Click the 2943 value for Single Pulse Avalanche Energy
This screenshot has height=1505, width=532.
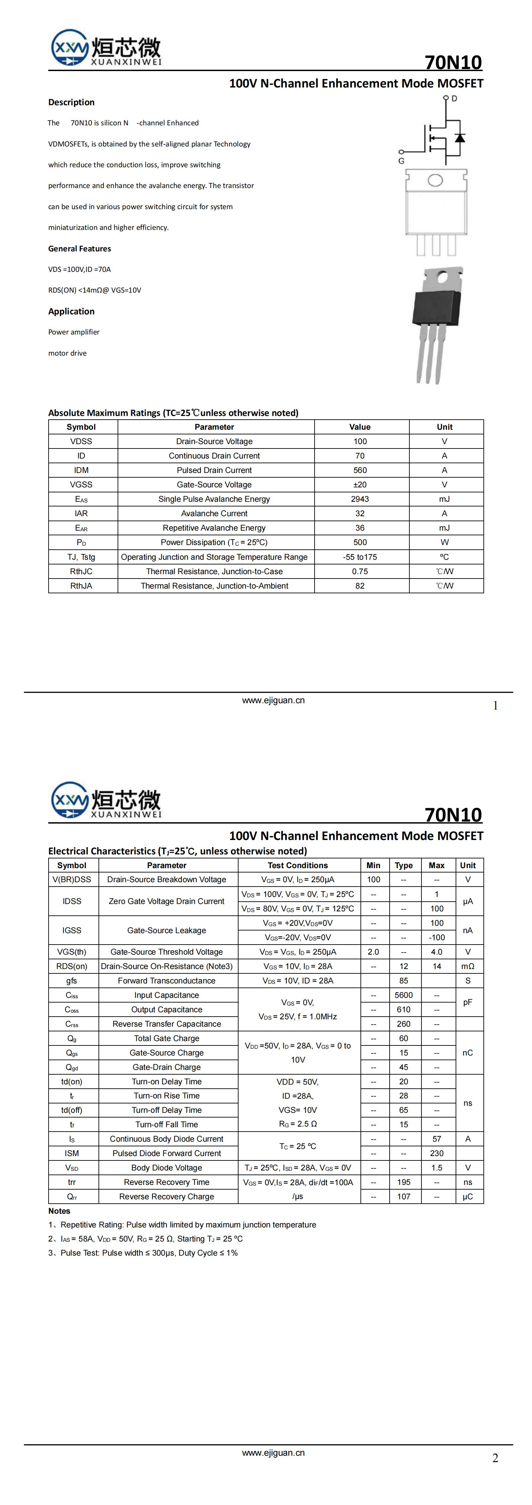coord(360,499)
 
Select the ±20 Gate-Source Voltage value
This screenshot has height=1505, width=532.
coord(360,484)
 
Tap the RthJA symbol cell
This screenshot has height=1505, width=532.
coord(81,585)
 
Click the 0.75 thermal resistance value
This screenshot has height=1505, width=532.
coord(360,571)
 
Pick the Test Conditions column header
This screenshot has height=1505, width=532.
coord(298,865)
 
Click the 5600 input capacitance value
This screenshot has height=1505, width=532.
coord(404,995)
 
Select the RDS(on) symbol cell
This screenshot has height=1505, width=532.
coord(72,966)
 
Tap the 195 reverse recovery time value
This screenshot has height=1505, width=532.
coord(404,1182)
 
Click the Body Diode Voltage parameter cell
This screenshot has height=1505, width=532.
coord(167,1167)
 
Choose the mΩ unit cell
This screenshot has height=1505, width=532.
coord(468,966)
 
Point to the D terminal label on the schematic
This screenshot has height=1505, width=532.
coord(454,99)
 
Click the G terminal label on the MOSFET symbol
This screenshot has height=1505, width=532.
coord(401,161)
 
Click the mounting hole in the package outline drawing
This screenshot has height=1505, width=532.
coord(435,180)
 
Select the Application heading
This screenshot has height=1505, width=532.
coord(71,311)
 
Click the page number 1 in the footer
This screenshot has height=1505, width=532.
coord(495,706)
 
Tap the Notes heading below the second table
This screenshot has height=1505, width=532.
coord(59,1211)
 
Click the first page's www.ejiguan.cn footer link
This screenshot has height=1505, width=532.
coord(273,701)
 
